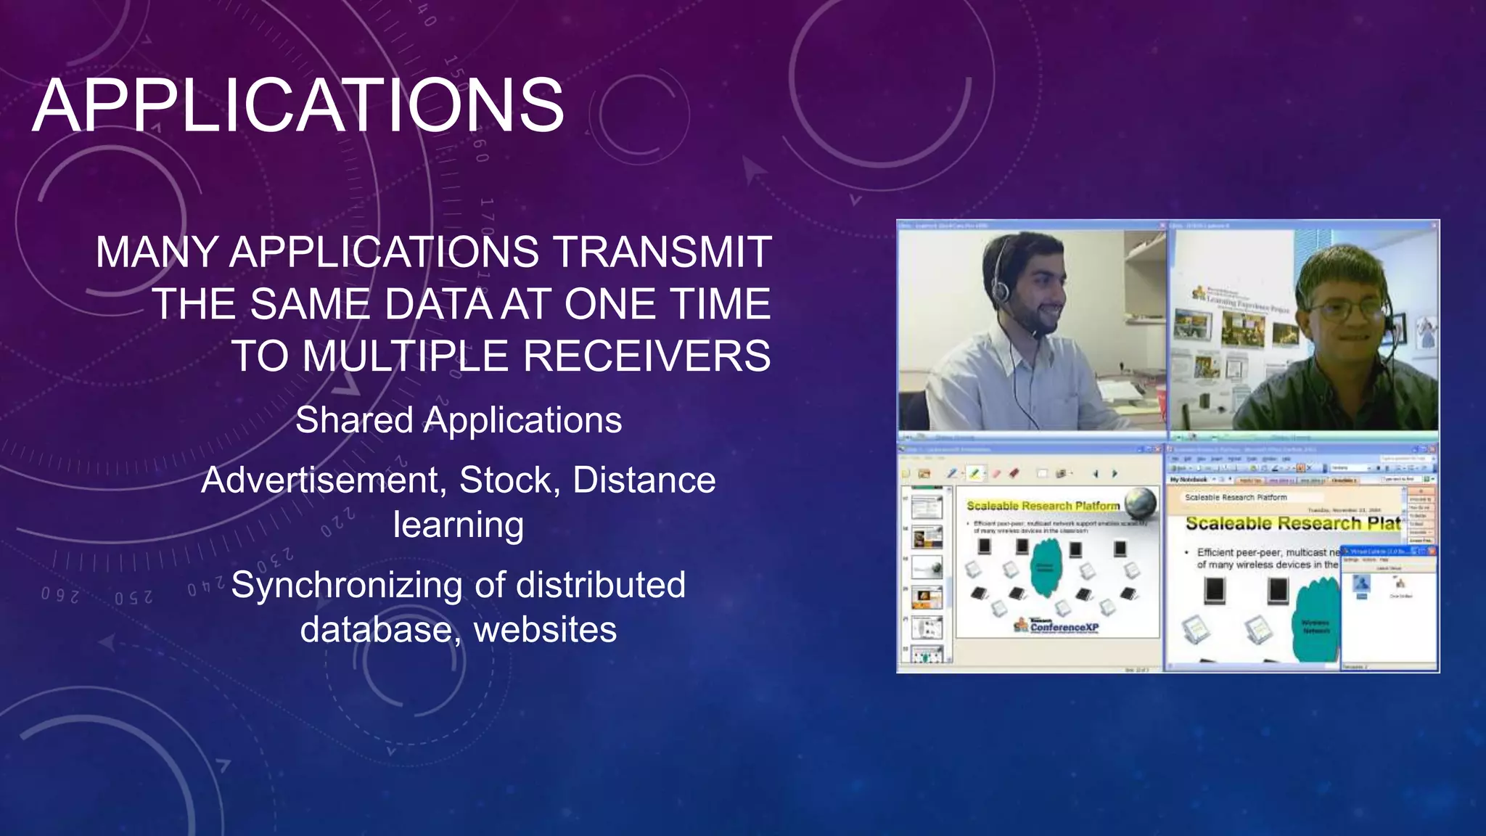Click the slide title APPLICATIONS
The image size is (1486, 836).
(298, 106)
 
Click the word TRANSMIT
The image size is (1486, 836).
(662, 253)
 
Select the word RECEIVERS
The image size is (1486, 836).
(646, 356)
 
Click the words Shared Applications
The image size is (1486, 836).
(459, 420)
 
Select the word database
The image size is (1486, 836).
(379, 629)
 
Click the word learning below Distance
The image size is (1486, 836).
(459, 525)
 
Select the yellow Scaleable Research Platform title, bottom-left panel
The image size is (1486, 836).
(1043, 506)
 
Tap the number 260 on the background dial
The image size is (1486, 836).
(59, 595)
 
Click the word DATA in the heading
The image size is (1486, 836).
(438, 304)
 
